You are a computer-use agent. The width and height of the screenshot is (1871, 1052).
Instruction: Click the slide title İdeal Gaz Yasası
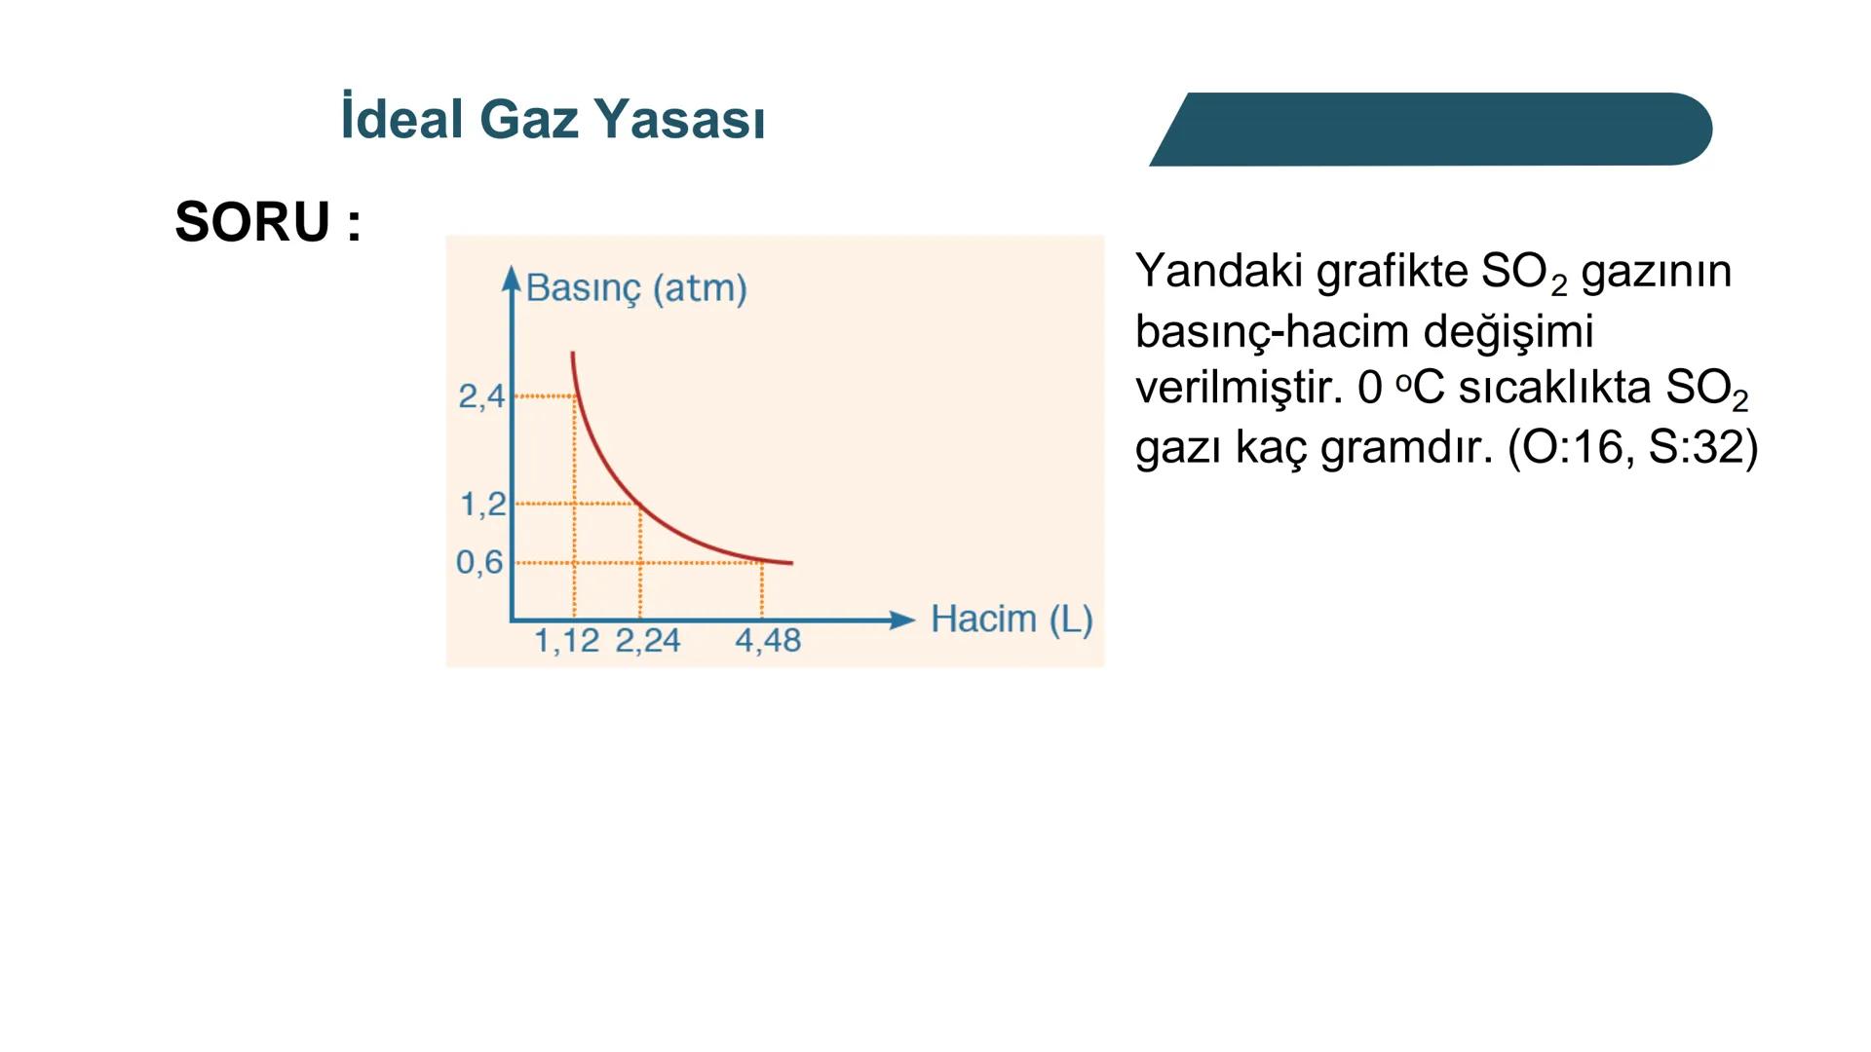553,119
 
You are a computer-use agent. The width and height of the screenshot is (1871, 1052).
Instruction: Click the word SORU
253,222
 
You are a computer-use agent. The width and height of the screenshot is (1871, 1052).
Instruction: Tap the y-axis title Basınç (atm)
636,288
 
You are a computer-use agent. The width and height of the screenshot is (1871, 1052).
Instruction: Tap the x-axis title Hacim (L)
1012,620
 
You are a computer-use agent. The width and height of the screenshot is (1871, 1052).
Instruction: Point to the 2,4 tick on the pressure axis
481,396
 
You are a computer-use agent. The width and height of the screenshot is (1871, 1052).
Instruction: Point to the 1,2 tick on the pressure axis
482,505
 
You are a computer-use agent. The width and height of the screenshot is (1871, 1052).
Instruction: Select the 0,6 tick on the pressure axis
479,562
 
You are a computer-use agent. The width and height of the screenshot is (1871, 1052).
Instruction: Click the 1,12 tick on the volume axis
566,641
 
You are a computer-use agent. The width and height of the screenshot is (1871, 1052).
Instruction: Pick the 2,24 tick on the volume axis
647,641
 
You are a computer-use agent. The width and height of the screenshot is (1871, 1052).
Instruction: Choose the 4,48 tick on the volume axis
768,641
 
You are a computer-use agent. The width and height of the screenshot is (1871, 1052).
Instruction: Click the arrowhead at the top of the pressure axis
512,277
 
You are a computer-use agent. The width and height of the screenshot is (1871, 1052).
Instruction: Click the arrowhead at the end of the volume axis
902,620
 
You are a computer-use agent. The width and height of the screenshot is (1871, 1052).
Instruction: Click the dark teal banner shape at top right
1432,130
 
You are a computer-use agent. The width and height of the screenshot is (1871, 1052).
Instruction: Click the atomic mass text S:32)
1702,448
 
